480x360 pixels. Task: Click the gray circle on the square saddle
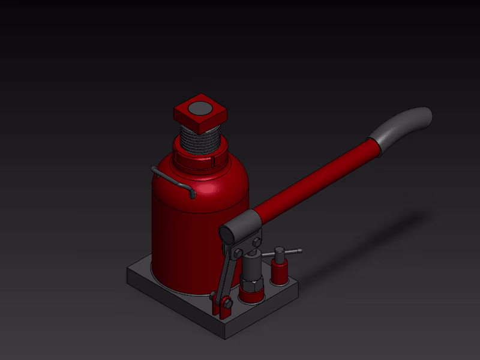[201, 109]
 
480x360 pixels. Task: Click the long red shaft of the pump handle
[318, 180]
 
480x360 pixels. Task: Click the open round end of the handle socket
[226, 233]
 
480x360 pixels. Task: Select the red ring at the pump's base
[251, 295]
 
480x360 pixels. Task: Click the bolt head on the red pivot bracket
[227, 304]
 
